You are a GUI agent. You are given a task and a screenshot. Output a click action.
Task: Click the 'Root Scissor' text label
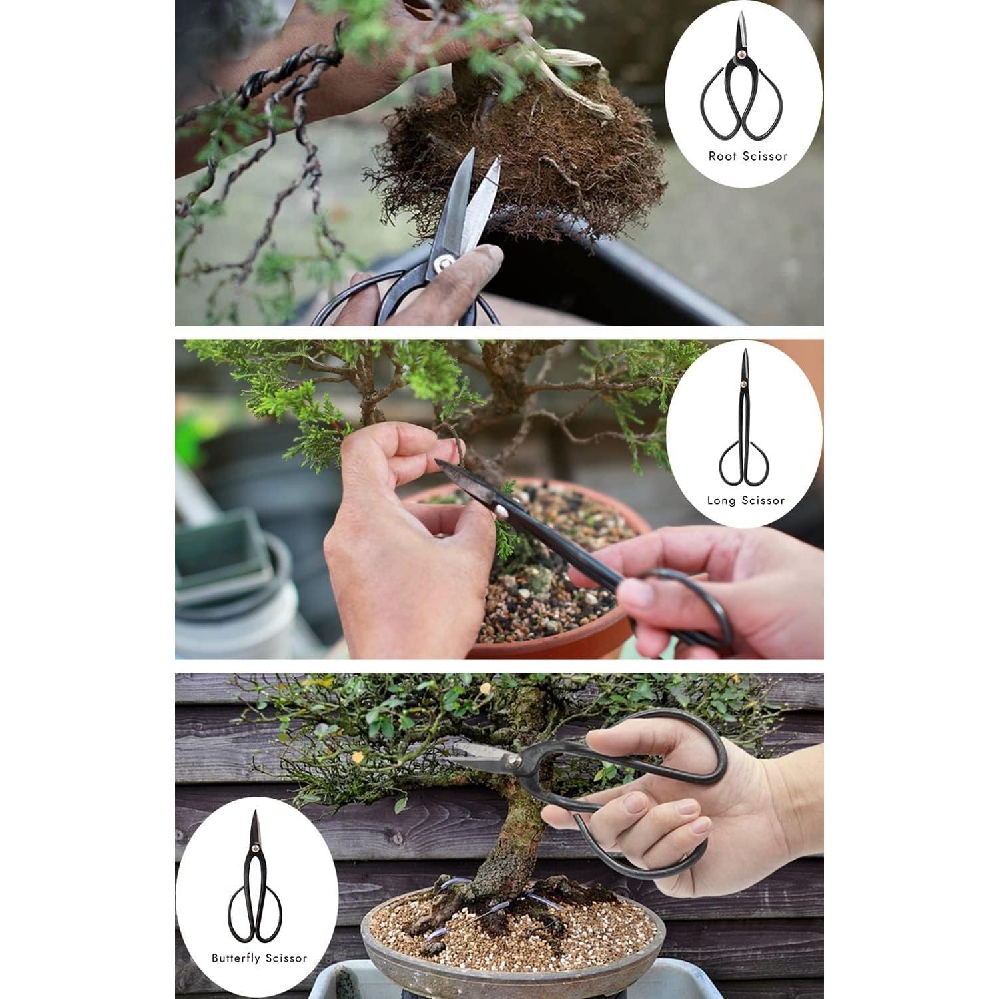pyautogui.click(x=747, y=157)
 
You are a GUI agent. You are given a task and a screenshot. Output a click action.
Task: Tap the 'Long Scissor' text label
pyautogui.click(x=745, y=501)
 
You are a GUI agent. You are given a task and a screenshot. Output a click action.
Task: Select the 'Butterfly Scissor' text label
pyautogui.click(x=259, y=958)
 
